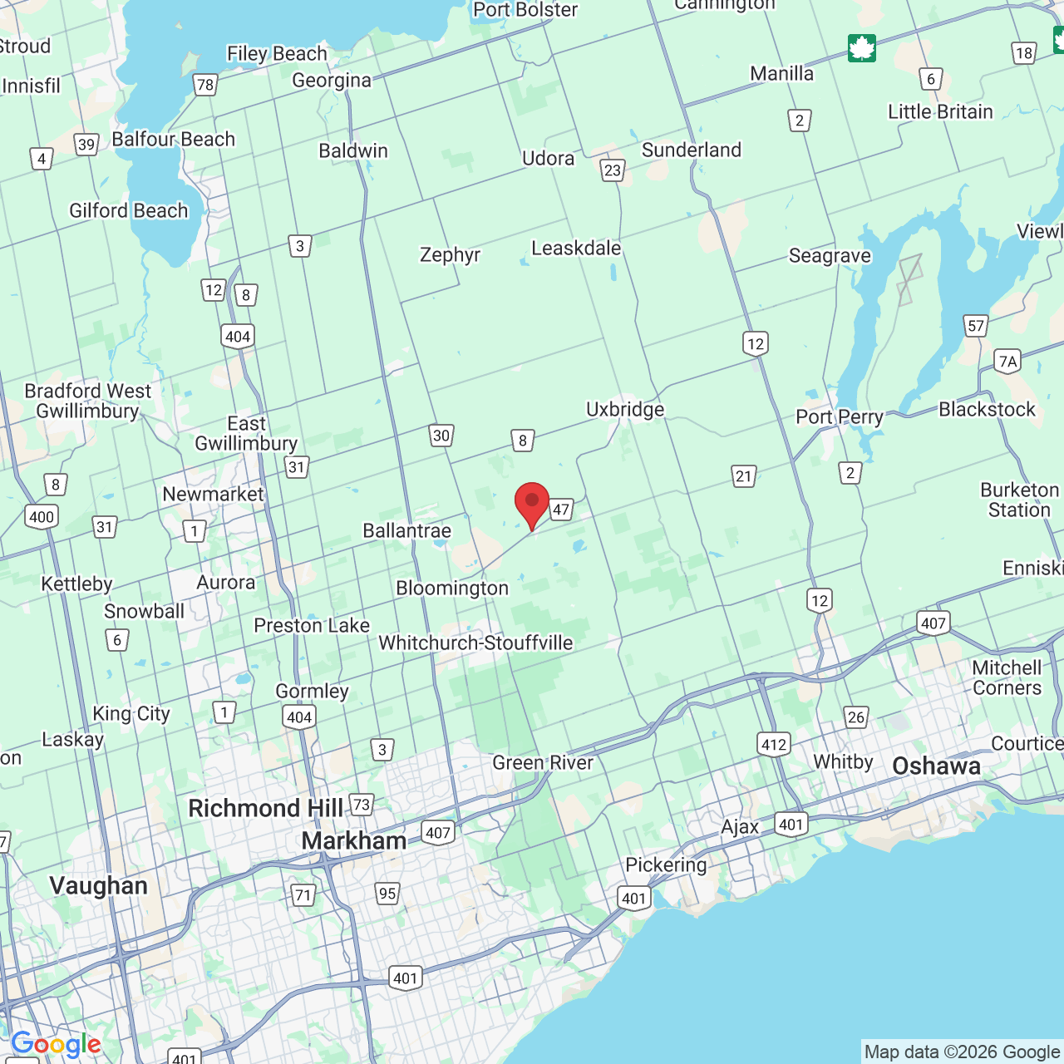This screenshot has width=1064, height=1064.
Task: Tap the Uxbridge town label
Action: [625, 409]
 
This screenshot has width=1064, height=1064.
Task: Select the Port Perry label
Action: [840, 416]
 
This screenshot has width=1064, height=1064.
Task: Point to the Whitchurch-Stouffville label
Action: [475, 643]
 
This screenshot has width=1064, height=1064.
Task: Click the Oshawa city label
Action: [936, 766]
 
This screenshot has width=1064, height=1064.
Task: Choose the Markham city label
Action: [354, 840]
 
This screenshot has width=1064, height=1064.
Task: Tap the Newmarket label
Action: [213, 494]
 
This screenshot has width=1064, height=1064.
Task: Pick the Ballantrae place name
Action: [407, 530]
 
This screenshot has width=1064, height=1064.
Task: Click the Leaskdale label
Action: [576, 248]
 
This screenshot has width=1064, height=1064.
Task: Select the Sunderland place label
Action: [692, 150]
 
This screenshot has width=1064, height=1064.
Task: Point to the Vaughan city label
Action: [98, 885]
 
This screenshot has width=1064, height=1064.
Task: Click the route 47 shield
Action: [562, 510]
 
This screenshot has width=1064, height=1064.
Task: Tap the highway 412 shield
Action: [774, 744]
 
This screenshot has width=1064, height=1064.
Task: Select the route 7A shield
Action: [1007, 361]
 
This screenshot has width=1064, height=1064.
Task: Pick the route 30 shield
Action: [441, 435]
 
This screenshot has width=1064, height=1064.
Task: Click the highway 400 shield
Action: [41, 517]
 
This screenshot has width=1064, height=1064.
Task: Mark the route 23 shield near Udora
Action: [613, 170]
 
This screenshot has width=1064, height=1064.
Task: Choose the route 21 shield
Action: [744, 476]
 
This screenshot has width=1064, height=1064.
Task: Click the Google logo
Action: [56, 1044]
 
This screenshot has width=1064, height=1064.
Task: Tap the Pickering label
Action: [666, 864]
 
